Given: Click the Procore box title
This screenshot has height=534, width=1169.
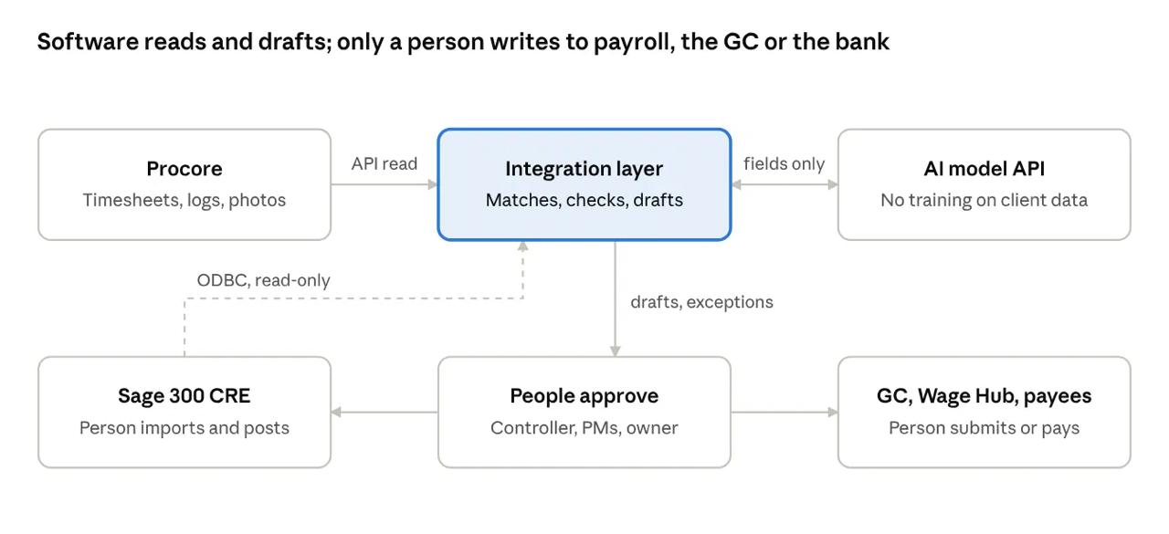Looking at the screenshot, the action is [184, 169].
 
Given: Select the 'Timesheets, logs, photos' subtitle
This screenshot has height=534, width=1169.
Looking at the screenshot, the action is [184, 200].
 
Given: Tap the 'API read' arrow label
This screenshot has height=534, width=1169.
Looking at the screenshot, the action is [384, 163].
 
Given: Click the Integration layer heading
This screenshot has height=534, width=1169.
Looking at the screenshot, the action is [584, 169].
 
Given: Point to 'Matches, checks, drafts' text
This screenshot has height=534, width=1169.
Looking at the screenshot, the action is [584, 200].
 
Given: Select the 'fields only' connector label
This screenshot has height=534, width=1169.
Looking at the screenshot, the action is [784, 163].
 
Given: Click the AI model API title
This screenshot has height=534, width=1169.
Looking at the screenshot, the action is [985, 169].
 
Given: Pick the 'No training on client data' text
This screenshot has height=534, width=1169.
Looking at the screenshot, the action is [985, 200].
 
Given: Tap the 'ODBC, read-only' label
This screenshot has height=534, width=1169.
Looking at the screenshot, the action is [264, 280].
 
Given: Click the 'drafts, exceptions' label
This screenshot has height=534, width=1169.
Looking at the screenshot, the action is [702, 302].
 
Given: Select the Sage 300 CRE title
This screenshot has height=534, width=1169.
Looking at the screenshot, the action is [184, 396].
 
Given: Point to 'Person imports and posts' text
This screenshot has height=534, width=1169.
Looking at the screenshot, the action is [184, 428].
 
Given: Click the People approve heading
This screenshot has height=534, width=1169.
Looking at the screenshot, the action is [584, 396].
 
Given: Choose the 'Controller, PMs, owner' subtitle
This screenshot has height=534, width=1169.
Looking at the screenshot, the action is [584, 428].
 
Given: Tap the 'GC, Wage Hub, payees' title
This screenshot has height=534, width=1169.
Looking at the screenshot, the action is [985, 396].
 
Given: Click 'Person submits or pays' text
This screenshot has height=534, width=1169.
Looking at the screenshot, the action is [985, 428].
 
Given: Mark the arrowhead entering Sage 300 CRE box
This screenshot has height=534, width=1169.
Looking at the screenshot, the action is [336, 413].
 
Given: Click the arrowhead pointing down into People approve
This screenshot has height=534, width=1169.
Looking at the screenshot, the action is [616, 351].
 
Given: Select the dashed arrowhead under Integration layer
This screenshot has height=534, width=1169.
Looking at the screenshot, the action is [523, 246].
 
